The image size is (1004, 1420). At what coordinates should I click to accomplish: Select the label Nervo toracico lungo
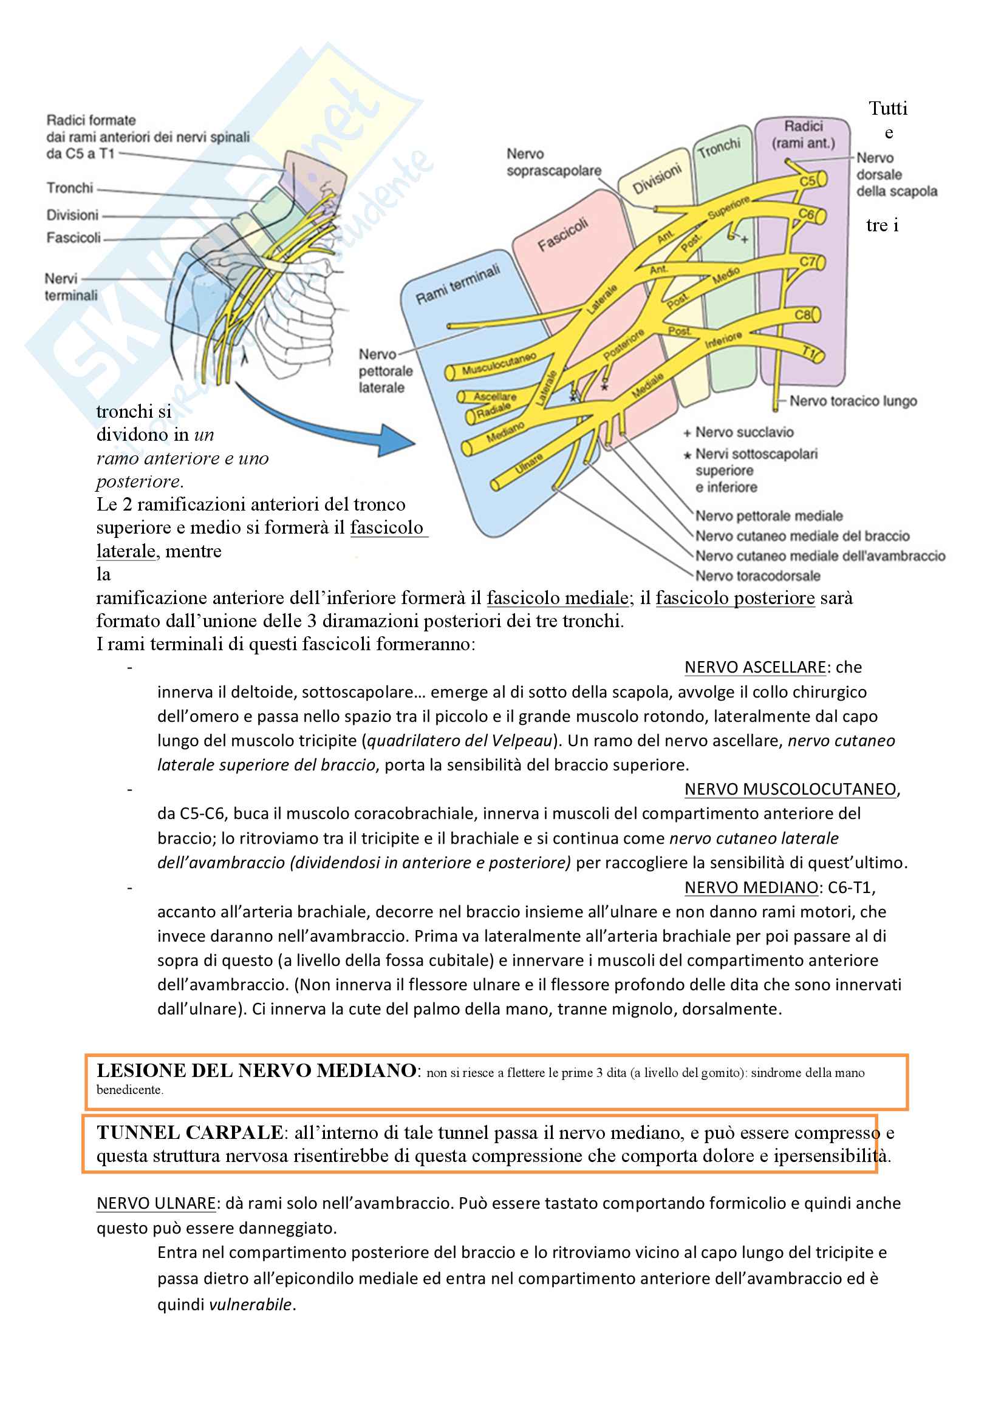[x=852, y=401]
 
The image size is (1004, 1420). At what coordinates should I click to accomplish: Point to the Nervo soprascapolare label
[x=553, y=162]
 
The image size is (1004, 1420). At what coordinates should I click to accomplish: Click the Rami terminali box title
[x=457, y=285]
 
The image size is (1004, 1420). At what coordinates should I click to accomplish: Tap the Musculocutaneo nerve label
[x=499, y=364]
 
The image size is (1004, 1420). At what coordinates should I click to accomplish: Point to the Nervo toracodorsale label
[x=758, y=576]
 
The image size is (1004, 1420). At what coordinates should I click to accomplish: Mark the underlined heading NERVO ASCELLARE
[x=755, y=667]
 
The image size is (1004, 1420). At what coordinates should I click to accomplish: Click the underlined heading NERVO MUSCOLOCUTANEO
[x=790, y=789]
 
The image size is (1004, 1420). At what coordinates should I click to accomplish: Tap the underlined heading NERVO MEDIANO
[x=751, y=888]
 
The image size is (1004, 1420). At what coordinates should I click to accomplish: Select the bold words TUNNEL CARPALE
[x=190, y=1132]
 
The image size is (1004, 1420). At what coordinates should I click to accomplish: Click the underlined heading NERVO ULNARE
[x=156, y=1203]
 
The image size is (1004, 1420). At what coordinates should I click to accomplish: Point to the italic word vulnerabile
[x=250, y=1304]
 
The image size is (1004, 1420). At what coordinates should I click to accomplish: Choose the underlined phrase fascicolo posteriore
[x=735, y=598]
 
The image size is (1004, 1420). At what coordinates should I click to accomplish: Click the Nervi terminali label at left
[x=70, y=287]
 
